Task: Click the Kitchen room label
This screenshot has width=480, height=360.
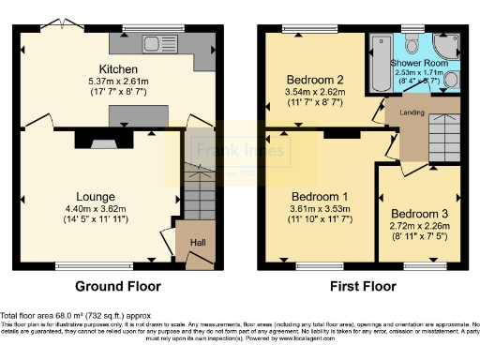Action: [x=119, y=69]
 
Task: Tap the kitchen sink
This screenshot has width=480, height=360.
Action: [x=151, y=43]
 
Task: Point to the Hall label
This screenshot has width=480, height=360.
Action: [x=198, y=243]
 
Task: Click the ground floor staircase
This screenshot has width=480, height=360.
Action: [x=198, y=192]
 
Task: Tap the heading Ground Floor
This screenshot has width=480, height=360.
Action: [x=118, y=287]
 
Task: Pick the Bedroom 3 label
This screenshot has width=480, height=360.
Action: [x=418, y=214]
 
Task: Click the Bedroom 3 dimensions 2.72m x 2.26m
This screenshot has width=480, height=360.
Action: [x=418, y=226]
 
